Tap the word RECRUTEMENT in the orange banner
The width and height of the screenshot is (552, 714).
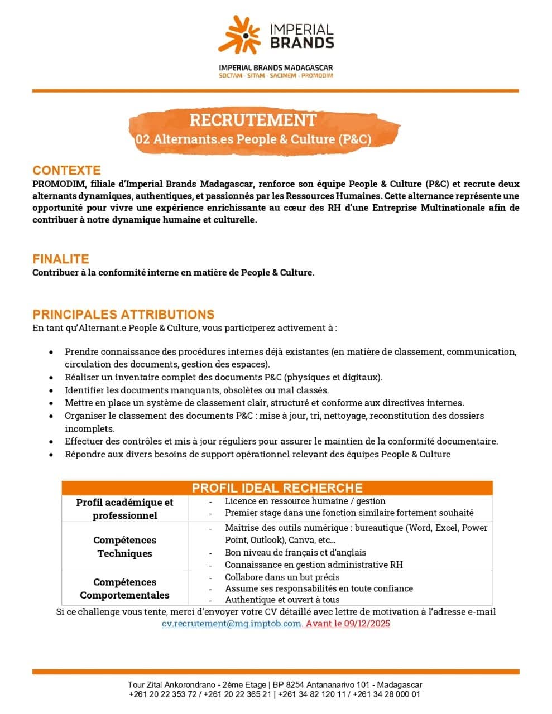tap(253, 120)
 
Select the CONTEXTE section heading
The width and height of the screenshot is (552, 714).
tap(66, 170)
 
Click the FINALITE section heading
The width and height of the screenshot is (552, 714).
tap(61, 259)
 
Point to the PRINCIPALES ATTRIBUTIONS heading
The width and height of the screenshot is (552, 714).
tap(123, 314)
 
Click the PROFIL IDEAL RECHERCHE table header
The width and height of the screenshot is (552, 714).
tap(277, 488)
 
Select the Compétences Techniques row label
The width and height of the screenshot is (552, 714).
tap(124, 547)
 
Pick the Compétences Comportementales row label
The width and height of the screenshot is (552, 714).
tap(124, 588)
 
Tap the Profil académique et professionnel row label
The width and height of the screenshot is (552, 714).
tap(124, 509)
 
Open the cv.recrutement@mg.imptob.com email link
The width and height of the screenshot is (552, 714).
tap(232, 624)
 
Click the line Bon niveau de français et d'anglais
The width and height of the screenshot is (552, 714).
tap(295, 552)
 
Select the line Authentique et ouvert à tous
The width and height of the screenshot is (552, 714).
tap(282, 600)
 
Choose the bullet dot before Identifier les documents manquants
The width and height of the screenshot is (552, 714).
tap(51, 390)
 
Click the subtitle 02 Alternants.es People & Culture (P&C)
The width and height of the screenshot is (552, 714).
tap(253, 139)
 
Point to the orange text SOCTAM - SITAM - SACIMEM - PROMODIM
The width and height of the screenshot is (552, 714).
tap(276, 75)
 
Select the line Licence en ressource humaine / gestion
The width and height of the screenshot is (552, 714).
tap(305, 501)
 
